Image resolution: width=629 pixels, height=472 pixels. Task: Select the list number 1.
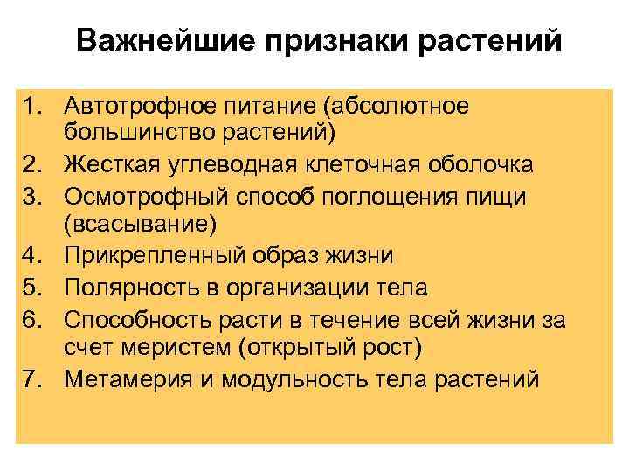click(34, 107)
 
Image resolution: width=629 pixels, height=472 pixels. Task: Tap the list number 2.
click(34, 163)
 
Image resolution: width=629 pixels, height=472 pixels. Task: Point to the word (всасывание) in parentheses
click(139, 224)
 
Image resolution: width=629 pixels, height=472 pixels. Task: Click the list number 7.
click(34, 378)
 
